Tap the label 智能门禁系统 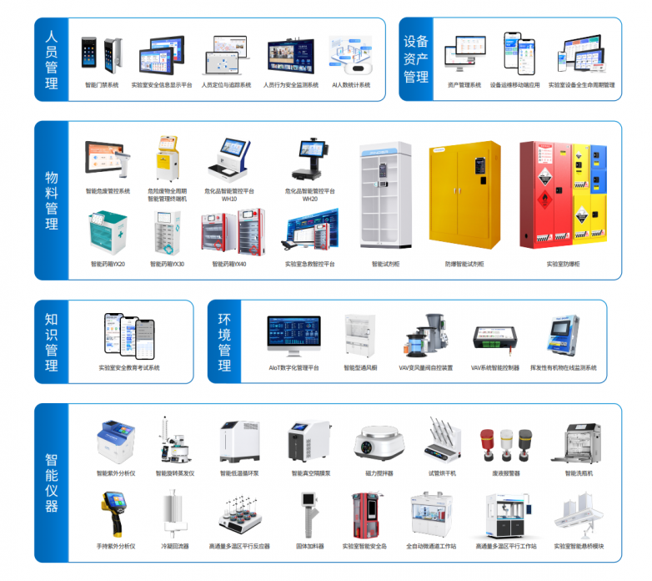pyautogui.click(x=102, y=85)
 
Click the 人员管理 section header pyautogui.click(x=52, y=60)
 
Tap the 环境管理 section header pyautogui.click(x=224, y=342)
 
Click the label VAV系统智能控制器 pyautogui.click(x=494, y=367)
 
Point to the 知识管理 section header pyautogui.click(x=52, y=342)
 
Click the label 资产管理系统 pyautogui.click(x=464, y=85)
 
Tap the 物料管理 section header pyautogui.click(x=52, y=200)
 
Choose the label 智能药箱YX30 pyautogui.click(x=167, y=264)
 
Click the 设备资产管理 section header pyautogui.click(x=416, y=60)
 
